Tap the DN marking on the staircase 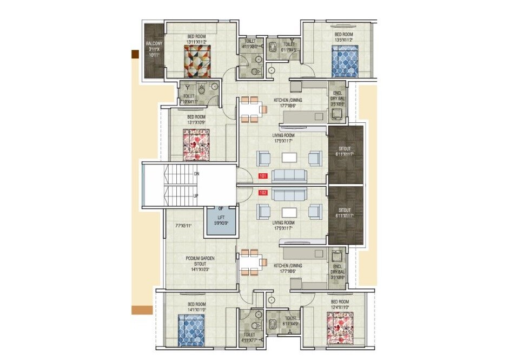pos(196,174)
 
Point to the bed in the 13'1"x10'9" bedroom pos(196,144)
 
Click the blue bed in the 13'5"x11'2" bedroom pos(345,60)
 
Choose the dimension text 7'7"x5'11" pos(184,225)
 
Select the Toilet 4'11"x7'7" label pos(249,338)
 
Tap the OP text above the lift pos(221,208)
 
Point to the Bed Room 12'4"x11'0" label pos(340,304)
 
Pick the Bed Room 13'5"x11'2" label pos(343,37)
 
